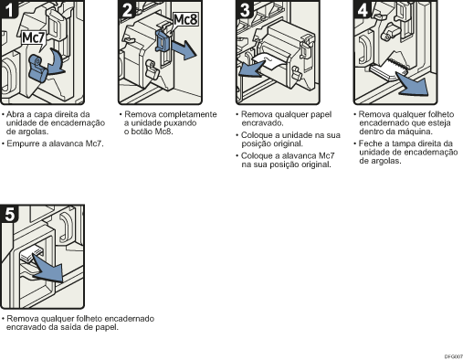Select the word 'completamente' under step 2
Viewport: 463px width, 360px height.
[x=190, y=114]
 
